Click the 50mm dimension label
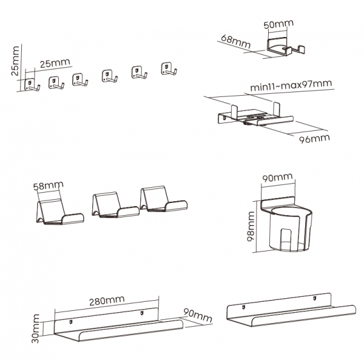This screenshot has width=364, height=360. (278, 25)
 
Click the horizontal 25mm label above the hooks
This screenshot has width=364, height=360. (55, 62)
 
